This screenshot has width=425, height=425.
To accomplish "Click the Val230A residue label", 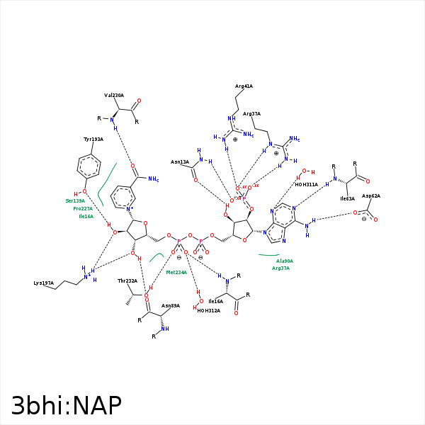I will click(113, 95).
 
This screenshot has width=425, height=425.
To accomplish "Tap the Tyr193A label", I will click(93, 140).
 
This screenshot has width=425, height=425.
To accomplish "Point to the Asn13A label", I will click(180, 162).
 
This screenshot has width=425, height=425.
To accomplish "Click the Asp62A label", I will click(371, 196).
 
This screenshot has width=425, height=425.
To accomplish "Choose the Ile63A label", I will click(347, 199).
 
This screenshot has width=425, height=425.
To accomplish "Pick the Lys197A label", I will click(44, 283).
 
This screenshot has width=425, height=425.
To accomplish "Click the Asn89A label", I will click(171, 306).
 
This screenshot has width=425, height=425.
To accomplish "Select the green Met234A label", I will click(176, 272).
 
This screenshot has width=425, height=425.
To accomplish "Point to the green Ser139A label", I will click(75, 201).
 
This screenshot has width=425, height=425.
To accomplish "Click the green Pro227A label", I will click(83, 209).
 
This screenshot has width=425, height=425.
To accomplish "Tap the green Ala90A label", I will click(284, 261).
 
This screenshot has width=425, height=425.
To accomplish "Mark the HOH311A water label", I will click(306, 184).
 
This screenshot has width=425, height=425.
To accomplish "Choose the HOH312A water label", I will click(209, 310).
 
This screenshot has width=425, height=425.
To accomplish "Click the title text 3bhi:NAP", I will click(67, 405).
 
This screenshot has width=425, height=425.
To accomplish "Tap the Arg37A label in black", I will click(251, 114).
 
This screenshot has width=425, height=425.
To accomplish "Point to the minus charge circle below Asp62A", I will click(364, 219).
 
